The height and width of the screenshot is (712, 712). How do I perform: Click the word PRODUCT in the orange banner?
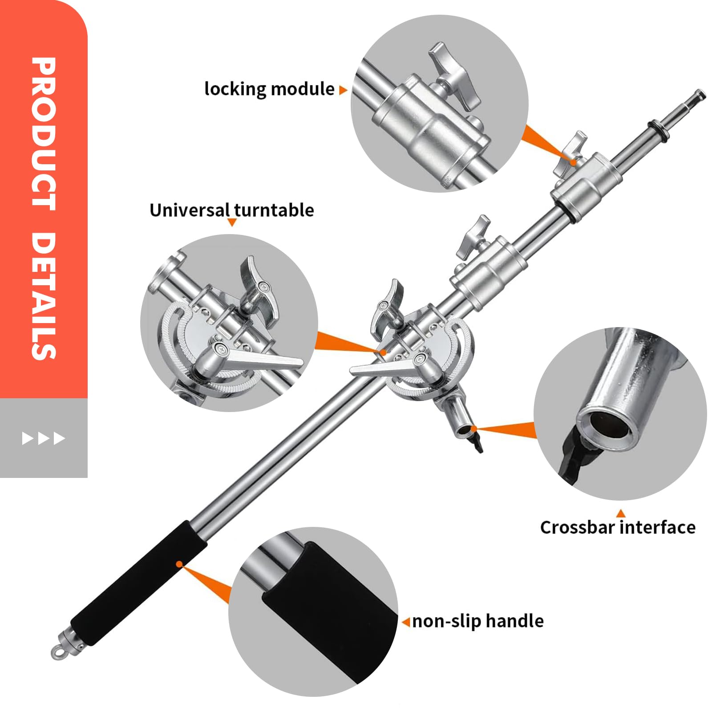pos(44,133)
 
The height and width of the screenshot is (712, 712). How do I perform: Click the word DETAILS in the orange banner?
pos(44,296)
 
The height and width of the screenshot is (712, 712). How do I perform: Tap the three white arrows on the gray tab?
pos(44,438)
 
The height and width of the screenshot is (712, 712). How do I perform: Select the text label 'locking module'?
pos(269,89)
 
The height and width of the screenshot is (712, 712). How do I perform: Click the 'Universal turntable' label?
pos(231,210)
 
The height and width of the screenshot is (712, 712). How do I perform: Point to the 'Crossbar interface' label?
pos(618,527)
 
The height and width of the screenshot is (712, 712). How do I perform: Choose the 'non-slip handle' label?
pos(478,621)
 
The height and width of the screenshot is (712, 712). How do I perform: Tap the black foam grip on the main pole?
pos(139,583)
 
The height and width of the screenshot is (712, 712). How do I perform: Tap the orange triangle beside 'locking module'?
pos(343,90)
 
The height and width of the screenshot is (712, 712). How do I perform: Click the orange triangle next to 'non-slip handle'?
pos(406,622)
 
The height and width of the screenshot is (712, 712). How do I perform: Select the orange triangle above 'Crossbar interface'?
pos(621,514)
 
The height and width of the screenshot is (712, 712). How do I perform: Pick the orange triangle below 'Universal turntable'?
pos(231,222)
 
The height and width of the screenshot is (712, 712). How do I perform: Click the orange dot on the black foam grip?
pos(179,564)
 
